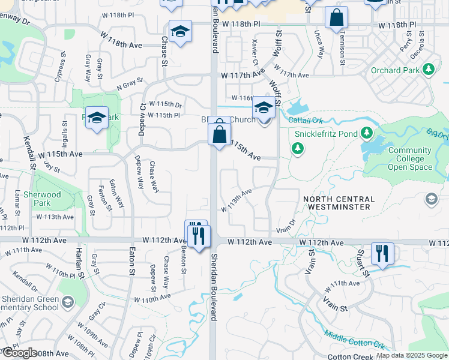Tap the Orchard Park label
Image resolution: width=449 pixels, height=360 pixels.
coord(394,70)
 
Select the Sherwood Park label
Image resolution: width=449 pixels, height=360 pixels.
coord(47,199)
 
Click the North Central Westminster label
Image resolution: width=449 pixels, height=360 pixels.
coord(344,203)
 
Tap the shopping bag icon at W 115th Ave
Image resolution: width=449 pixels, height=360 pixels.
coord(220,133)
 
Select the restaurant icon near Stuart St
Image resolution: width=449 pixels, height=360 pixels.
coord(382,253)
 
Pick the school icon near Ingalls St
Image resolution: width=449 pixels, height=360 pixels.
coord(96,118)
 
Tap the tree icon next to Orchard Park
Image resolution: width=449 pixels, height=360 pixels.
coord(429,70)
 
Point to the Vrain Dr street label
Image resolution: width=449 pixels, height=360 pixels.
coord(286,226)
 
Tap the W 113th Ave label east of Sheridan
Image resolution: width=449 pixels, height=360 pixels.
coord(236,201)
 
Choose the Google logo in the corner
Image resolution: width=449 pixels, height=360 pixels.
coord(19,353)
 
